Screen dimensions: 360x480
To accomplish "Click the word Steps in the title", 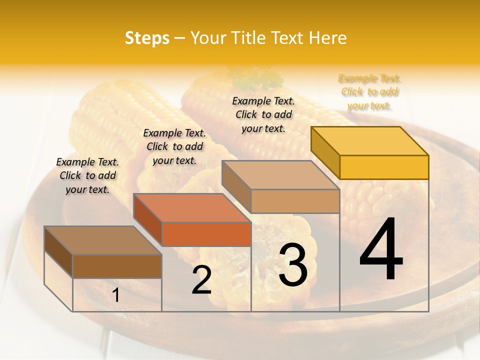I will (147, 38).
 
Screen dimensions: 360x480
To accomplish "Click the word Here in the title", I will (328, 38).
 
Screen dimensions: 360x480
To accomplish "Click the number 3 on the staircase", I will (292, 265).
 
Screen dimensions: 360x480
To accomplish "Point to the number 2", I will (201, 280).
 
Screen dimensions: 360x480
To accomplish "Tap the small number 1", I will (116, 295).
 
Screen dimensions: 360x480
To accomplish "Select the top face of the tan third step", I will (280, 175).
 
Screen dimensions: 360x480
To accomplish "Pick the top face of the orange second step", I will (192, 208).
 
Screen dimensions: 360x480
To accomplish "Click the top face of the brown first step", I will (103, 240).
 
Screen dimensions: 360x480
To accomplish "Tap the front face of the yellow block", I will (384, 167).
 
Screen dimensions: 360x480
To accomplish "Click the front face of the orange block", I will (206, 234).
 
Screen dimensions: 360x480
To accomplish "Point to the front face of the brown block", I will (117, 266).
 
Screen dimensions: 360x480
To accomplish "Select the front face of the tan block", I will (295, 201).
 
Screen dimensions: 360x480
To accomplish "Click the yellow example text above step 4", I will (369, 92).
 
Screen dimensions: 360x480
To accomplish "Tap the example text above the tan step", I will (263, 114).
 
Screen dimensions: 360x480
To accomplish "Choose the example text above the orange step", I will (174, 146).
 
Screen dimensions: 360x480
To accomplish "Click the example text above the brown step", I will (87, 175).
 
